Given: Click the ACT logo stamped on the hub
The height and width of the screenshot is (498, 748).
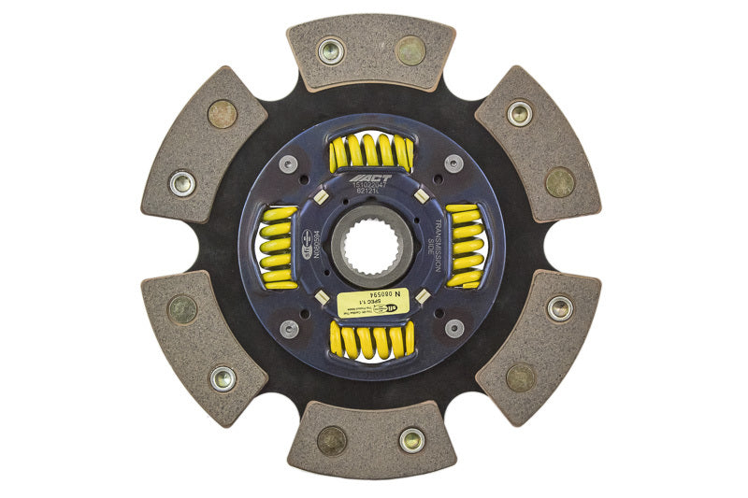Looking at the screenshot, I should coord(366,179).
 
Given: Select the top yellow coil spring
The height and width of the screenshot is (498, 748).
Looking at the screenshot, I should coord(370,152).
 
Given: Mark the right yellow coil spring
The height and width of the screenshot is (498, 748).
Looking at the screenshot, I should coord(465,246).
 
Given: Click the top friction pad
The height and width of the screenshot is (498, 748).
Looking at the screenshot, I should coord(371,53).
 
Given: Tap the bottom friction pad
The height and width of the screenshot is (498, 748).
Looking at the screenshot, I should coord(371,438).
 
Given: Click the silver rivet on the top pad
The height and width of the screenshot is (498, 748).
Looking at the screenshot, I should coord(330,50).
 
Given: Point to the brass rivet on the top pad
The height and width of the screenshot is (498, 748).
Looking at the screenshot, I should coord(410,50).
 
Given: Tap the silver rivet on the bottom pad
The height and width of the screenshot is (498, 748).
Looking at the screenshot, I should coord(411,439).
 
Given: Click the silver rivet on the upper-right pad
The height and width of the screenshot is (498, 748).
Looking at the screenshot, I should coord(520,113).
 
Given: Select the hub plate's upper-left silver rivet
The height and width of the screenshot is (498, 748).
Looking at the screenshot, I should coord(290,164).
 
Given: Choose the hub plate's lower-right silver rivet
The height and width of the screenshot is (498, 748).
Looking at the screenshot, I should coord(453,328).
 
